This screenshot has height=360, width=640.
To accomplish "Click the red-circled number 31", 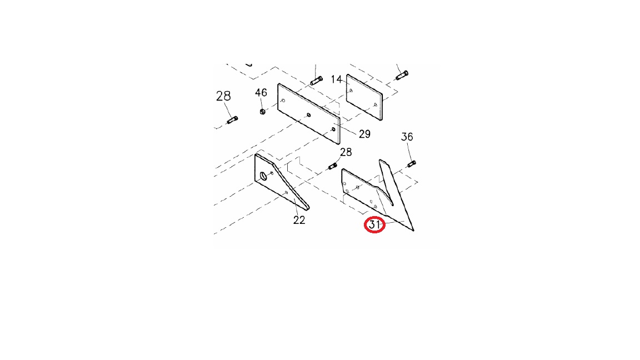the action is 374,225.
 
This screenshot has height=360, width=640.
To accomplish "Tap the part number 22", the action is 299,220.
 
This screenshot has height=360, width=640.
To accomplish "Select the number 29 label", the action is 364,134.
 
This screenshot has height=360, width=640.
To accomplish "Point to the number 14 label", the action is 336,79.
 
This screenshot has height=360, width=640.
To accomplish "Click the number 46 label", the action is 261,93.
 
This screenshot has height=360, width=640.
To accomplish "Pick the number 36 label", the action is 407,137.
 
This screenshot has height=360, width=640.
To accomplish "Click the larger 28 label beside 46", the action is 223,96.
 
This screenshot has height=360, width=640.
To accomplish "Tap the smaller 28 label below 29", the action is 346,152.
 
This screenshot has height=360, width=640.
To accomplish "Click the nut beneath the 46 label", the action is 262,111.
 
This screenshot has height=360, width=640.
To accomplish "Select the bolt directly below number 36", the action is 412,164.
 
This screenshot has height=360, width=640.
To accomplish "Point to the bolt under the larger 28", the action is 232,120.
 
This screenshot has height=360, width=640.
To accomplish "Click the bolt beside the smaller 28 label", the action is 333,166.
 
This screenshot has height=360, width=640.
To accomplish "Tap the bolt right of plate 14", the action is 402,76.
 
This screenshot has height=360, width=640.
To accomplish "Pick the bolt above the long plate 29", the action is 316,81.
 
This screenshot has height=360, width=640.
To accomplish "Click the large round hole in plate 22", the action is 263,176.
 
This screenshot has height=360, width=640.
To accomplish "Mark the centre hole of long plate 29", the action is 308,115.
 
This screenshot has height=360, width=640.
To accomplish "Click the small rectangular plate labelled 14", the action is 364,97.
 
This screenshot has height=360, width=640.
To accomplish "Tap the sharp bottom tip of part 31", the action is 413,231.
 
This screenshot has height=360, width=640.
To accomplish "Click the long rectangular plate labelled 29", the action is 308,114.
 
